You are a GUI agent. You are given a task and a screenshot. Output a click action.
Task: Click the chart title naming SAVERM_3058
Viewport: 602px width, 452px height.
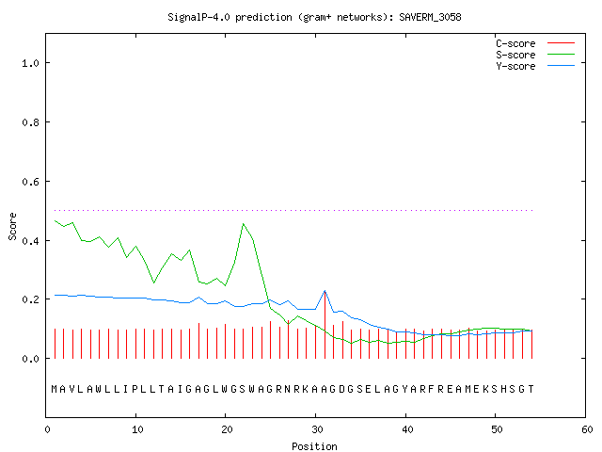tap(314, 17)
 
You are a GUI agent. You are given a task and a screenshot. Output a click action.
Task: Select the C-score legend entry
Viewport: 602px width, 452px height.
tap(535, 43)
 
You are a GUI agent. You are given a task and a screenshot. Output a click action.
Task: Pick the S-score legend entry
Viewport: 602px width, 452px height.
tap(535, 55)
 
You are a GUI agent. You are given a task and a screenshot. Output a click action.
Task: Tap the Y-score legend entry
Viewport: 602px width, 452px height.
tap(535, 66)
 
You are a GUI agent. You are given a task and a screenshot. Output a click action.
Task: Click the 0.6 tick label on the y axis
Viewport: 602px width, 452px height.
tap(30, 182)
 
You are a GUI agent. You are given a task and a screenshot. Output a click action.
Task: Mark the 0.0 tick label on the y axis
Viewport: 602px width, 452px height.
tap(30, 359)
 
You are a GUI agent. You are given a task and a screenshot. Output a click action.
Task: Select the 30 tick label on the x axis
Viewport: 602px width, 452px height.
tap(316, 429)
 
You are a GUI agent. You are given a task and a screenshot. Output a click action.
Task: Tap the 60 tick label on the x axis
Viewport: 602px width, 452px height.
tap(587, 429)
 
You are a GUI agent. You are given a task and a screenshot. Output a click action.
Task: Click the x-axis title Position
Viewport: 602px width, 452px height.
tap(314, 446)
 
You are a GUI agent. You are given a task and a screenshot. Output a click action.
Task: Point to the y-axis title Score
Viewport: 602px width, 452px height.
tap(12, 227)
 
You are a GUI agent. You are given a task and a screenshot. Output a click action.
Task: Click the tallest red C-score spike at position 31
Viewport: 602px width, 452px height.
tap(325, 325)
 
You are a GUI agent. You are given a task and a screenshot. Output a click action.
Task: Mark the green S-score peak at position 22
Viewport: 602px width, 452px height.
tap(244, 224)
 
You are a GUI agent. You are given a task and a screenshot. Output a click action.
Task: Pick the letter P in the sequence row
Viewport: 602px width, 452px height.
tap(135, 389)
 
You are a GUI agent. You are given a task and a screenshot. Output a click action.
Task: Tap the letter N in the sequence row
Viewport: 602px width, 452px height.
tap(288, 389)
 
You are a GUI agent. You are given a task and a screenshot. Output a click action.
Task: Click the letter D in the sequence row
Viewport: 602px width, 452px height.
tap(341, 389)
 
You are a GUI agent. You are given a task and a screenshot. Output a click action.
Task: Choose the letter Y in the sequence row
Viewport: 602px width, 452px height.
tap(404, 389)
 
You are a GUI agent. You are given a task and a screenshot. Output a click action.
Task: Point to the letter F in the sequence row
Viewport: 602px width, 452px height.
tap(432, 389)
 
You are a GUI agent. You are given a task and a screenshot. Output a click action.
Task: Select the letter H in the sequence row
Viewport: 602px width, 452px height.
tap(503, 389)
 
